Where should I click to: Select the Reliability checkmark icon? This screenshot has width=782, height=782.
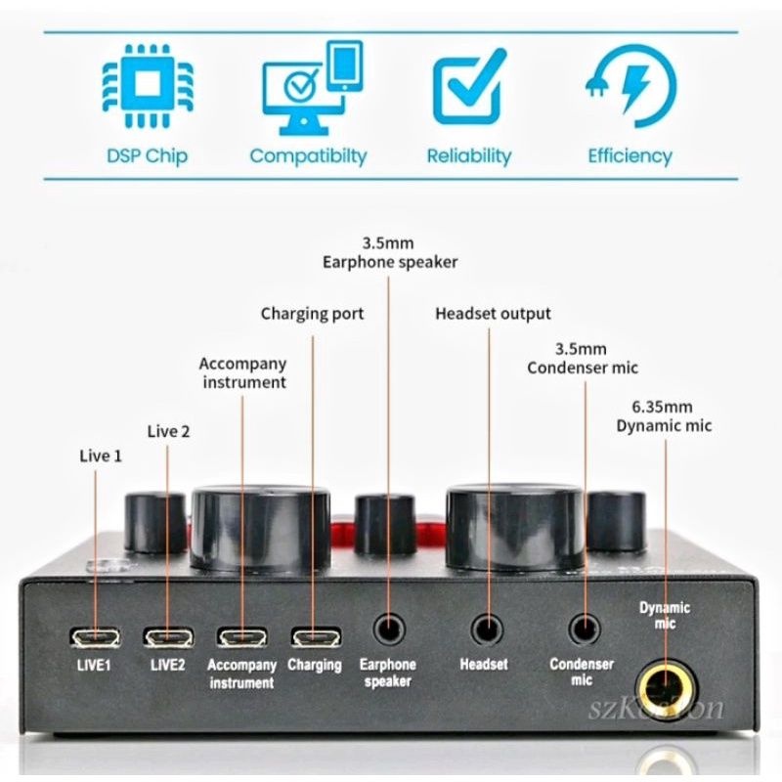click(x=468, y=88)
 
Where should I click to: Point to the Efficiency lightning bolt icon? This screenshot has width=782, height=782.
click(x=630, y=88)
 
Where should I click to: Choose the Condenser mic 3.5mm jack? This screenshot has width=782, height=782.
click(x=583, y=627)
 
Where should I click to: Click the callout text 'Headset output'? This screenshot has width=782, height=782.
click(x=493, y=314)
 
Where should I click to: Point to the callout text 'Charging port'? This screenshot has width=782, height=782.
click(x=312, y=314)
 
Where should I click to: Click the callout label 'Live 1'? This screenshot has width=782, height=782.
click(x=101, y=456)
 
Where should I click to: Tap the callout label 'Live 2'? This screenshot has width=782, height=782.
click(x=169, y=431)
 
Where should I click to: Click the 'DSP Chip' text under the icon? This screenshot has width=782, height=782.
click(x=146, y=155)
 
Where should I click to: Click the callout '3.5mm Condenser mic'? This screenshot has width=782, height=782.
click(x=583, y=358)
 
